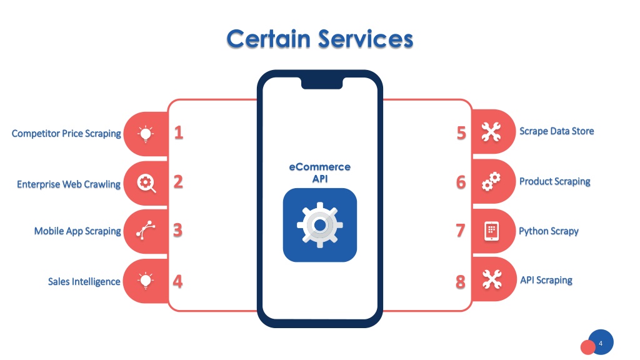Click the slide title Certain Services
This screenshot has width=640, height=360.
320,39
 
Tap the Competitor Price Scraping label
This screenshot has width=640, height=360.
66,134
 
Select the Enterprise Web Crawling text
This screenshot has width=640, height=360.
69,184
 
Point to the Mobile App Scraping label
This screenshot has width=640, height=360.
77,231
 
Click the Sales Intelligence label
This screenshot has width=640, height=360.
84,282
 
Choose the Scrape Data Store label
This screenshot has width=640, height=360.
556,131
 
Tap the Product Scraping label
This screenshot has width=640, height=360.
555,181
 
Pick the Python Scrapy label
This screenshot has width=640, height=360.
549,231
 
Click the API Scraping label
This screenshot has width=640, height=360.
546,280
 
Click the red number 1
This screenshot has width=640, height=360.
179,132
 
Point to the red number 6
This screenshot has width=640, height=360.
461,182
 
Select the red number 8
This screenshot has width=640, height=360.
461,282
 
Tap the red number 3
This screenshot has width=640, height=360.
177,230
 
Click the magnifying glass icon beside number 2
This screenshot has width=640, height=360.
146,183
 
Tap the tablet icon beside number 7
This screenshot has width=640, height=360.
491,231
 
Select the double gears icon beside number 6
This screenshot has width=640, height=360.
491,182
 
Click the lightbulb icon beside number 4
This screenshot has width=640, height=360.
146,281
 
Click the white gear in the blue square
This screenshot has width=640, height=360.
320,225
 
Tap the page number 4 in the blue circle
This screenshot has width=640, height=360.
601,343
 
